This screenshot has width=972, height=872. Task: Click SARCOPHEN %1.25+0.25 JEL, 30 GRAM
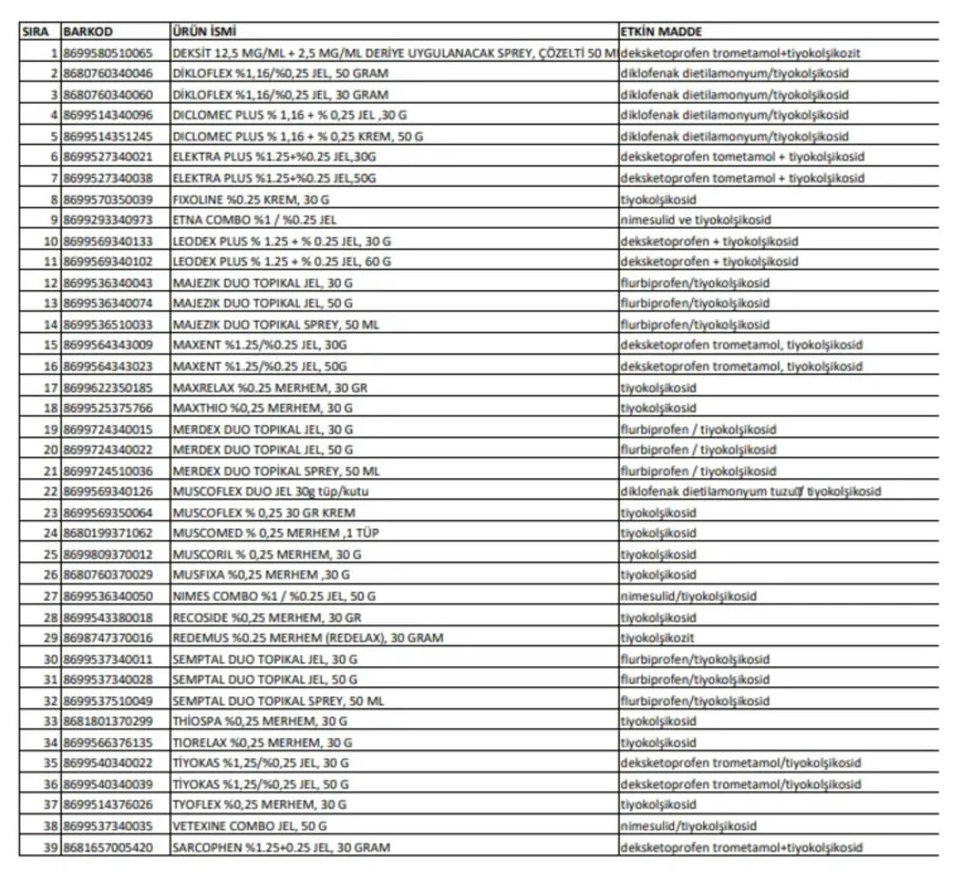281,846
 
